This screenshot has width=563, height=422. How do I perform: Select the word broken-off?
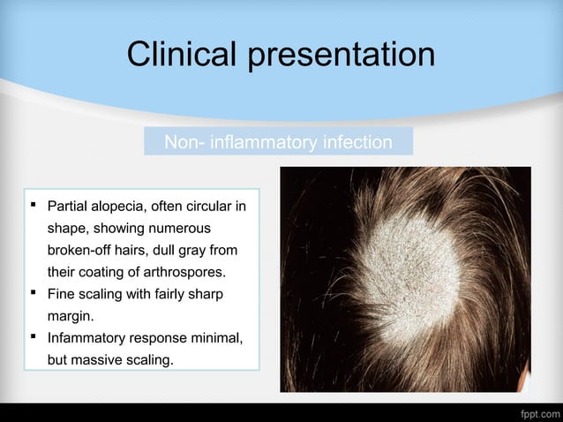pos(84,251)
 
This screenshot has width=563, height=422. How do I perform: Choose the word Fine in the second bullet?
pos(61,293)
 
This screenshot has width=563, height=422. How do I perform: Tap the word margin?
pos(68,314)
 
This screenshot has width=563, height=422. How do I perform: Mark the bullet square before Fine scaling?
pos(34,292)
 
